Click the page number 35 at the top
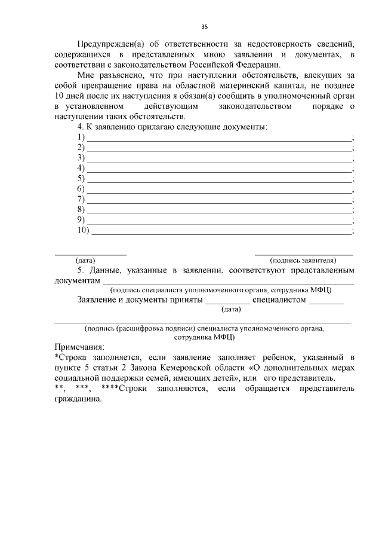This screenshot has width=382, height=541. (204, 27)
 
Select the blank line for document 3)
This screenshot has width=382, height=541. (220, 158)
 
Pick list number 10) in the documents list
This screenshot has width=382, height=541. (84, 231)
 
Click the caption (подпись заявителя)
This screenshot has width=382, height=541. (303, 260)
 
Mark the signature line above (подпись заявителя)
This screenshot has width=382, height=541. (304, 255)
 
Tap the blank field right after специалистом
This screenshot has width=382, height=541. (326, 299)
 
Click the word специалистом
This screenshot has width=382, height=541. (279, 299)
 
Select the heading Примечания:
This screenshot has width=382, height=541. (79, 347)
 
